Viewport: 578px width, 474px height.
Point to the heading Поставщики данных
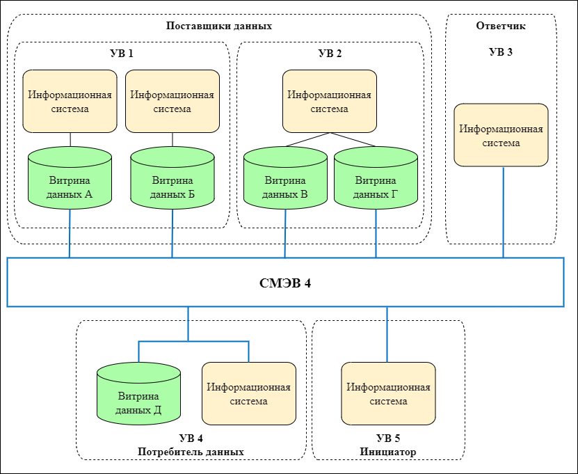[219, 26]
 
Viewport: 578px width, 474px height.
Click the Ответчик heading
[501, 26]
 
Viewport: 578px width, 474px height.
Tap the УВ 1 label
[122, 54]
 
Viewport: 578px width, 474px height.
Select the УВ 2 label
[330, 54]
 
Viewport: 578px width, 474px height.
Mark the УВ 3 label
[501, 52]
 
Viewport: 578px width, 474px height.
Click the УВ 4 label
[191, 439]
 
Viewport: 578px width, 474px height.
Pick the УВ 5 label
[388, 439]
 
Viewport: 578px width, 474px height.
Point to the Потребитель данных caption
[191, 452]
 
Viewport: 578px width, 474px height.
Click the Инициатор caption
[388, 452]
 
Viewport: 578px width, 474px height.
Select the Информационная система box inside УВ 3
[501, 135]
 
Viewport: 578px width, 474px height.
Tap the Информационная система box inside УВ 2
[330, 101]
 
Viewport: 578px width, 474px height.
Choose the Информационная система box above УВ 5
[388, 394]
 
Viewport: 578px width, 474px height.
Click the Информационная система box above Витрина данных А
[70, 101]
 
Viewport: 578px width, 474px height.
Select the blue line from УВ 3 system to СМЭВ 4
[503, 212]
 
